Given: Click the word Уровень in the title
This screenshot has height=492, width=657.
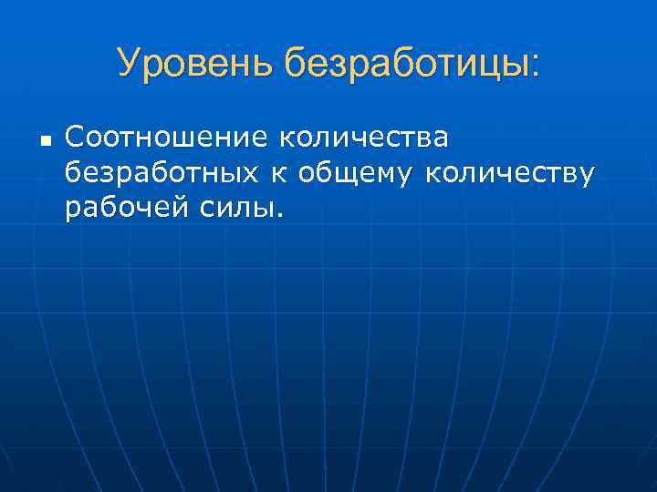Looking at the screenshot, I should (195, 63).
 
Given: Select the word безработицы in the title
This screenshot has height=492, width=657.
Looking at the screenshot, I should (407, 63).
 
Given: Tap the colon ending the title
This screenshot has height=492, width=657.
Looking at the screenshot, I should (536, 66).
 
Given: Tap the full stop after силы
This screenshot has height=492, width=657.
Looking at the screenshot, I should (278, 216).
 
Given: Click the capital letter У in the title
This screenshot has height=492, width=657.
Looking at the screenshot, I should (129, 63).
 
